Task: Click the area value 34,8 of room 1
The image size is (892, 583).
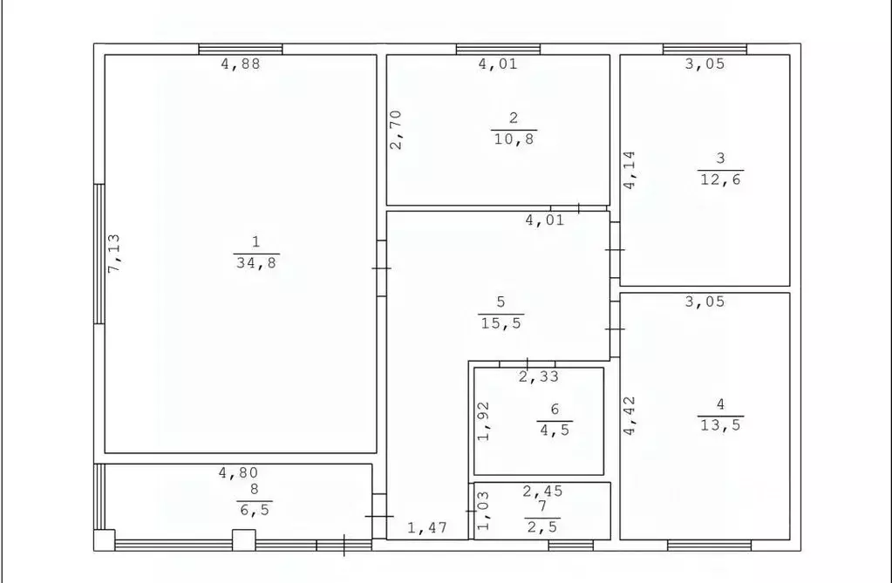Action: pos(256,263)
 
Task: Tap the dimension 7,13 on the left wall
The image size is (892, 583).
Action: pos(113,253)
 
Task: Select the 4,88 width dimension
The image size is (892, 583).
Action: pos(241,64)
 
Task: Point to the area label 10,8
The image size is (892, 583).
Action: pos(514,139)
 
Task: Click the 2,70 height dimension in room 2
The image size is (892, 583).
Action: pos(396,130)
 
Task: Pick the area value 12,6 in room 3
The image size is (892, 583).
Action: pos(721,180)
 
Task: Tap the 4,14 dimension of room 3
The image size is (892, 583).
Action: pos(630,170)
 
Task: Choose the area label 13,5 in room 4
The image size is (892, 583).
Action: pos(721,425)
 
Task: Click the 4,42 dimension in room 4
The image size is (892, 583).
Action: pos(630,416)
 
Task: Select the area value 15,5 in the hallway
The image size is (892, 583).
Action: pos(501,323)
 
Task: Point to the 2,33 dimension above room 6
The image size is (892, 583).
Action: pos(539,376)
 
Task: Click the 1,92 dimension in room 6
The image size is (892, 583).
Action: pos(484,422)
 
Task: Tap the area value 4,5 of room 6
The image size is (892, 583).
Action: pos(555,430)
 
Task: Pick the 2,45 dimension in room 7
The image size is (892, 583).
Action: pos(542,491)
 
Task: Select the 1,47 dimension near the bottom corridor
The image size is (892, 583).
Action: pos(427,528)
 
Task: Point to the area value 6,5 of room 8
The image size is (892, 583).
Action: pos(255,509)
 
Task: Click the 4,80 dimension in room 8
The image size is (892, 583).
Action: pos(239,472)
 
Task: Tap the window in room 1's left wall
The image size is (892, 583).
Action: pos(99,254)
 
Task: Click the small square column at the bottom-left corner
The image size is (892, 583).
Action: pos(104,539)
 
